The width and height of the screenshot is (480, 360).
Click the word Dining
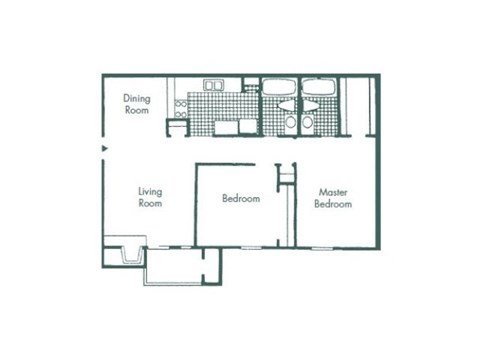136,98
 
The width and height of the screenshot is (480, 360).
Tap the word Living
150,190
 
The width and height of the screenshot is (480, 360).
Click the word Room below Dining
136,110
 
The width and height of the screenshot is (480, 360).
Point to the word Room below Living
150,202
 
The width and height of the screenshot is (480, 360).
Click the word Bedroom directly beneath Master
332,203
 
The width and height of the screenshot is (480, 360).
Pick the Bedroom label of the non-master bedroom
240,199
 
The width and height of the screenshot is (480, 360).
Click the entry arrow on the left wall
105,151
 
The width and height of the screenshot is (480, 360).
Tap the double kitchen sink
214,85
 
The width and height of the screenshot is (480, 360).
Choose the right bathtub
320,87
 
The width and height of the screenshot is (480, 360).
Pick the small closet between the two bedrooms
287,175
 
